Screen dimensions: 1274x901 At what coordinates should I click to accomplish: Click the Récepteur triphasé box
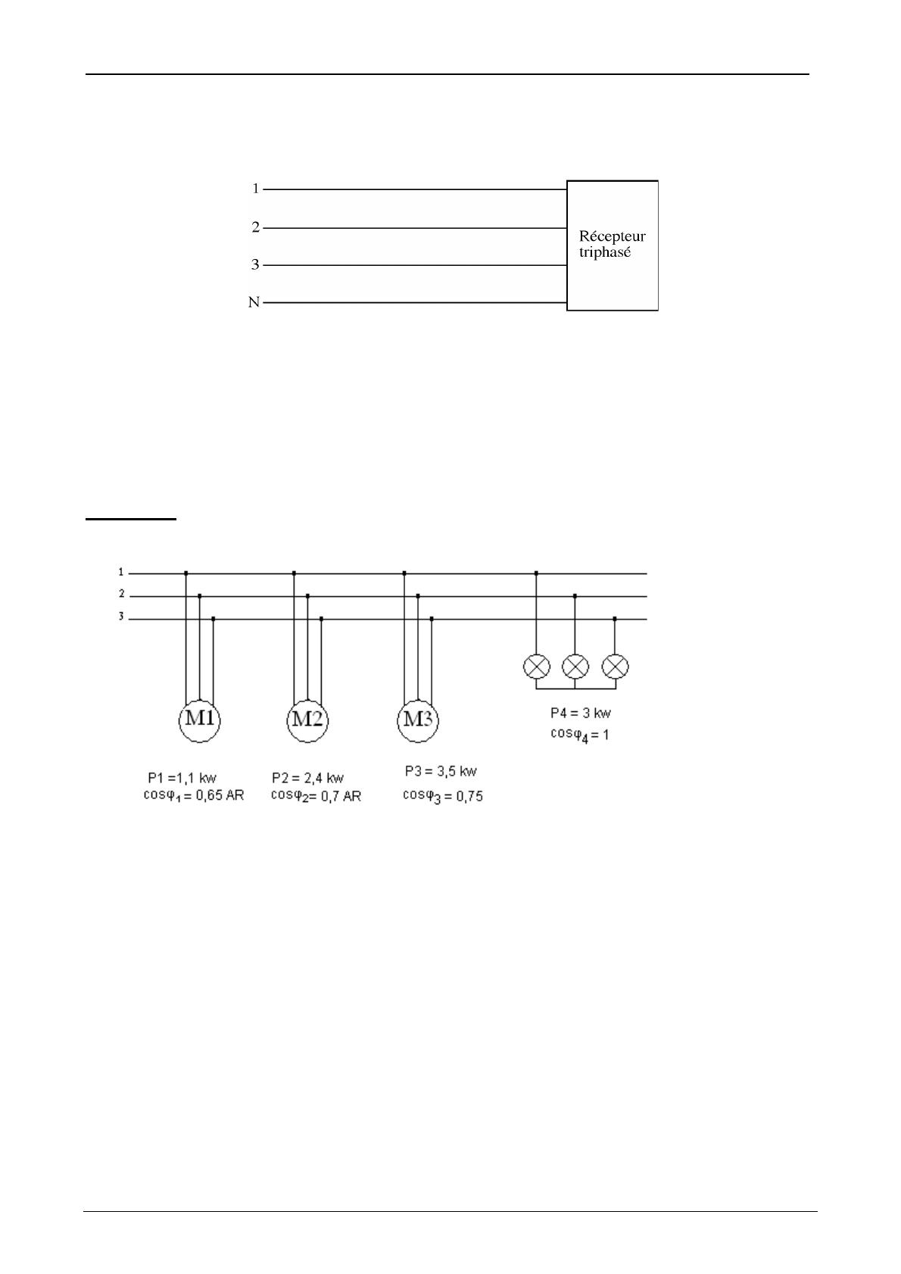(613, 245)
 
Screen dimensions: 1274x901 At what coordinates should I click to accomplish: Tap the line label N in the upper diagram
(254, 303)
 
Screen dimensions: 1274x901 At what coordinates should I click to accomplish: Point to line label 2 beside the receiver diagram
(256, 227)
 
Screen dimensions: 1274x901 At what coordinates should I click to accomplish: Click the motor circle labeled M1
(200, 720)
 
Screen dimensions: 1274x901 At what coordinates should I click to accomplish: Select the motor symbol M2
(307, 720)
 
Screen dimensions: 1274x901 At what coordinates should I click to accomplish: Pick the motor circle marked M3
(418, 720)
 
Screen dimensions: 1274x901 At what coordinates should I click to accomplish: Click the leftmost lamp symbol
(537, 667)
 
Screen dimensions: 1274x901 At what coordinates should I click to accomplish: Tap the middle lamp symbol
(575, 667)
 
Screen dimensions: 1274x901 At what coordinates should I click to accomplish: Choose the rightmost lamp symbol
(615, 667)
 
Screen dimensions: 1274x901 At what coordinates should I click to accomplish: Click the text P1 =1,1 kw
(182, 778)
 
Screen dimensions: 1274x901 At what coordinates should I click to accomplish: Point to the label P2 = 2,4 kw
(307, 778)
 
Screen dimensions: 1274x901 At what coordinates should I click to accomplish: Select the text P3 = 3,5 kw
(441, 772)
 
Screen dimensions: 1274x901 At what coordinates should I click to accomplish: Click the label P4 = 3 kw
(581, 714)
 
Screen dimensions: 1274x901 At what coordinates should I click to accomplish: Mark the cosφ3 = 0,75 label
(442, 796)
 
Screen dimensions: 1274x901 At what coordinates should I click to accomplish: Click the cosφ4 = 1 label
(579, 734)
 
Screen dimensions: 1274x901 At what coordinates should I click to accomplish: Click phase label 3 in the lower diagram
(120, 617)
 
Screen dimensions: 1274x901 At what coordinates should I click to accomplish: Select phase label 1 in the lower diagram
(120, 572)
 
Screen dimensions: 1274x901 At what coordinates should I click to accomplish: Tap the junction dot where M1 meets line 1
(186, 573)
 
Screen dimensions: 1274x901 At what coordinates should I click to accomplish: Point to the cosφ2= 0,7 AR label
(316, 796)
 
